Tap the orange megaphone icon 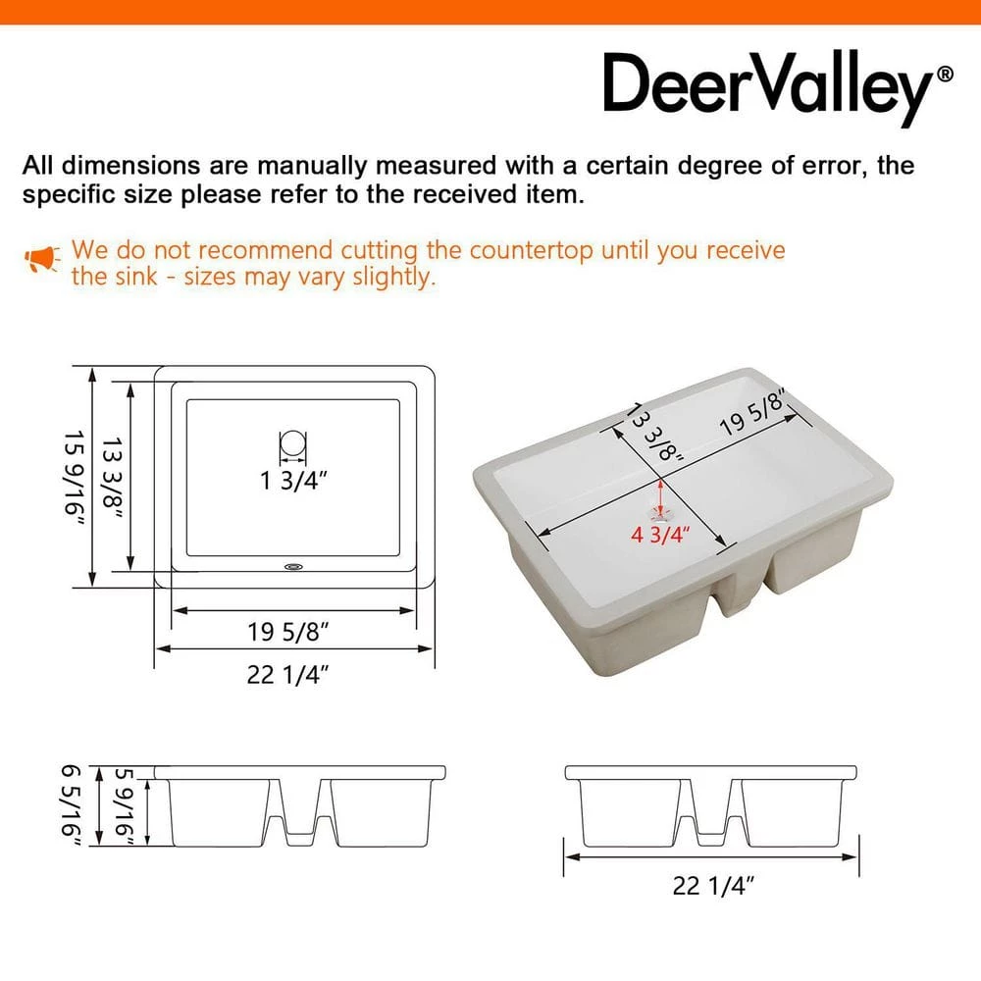click(42, 259)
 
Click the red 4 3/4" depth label click(660, 535)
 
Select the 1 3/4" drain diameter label click(293, 481)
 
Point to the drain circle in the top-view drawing click(292, 444)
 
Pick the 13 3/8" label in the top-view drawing click(113, 478)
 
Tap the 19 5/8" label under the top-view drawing click(287, 632)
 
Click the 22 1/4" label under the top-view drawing click(287, 675)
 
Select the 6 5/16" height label click(72, 805)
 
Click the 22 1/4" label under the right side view click(713, 885)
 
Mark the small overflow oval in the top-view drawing click(293, 567)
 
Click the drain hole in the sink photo click(661, 515)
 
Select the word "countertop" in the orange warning click(531, 251)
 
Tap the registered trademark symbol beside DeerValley click(945, 75)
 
